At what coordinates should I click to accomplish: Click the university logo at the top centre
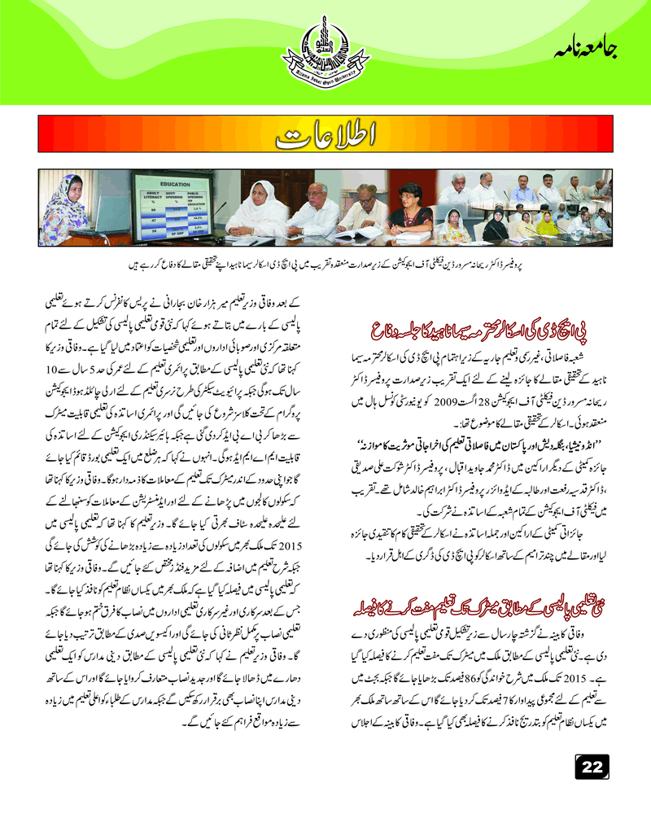[x=325, y=52]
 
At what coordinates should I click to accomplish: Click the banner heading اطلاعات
[x=325, y=137]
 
